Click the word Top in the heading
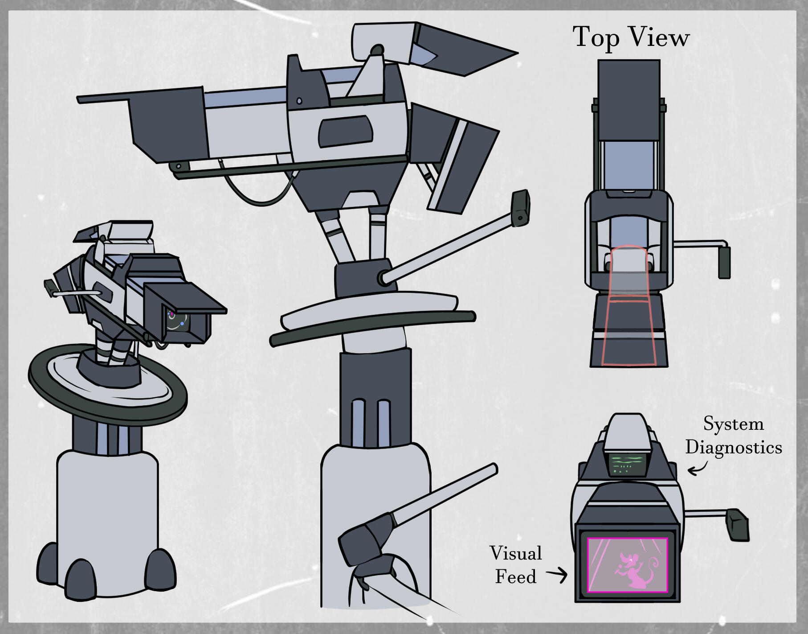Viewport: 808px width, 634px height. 596,37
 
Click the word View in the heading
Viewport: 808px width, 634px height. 659,37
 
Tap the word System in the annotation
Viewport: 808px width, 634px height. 733,424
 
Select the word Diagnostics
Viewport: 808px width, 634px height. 734,447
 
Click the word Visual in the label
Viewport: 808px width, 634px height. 516,553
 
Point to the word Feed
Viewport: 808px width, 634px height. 516,576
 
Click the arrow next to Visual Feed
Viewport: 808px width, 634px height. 557,575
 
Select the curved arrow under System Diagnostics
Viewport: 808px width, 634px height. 698,467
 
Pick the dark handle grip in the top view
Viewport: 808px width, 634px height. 724,263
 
